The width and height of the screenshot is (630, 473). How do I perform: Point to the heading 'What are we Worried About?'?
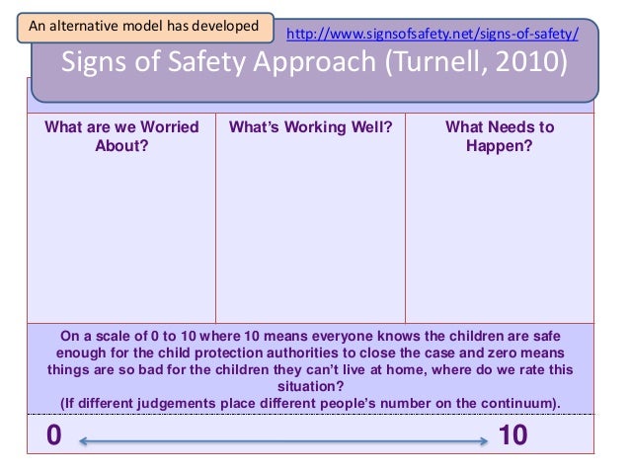coord(121,137)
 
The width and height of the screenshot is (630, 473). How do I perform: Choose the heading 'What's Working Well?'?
coord(310,127)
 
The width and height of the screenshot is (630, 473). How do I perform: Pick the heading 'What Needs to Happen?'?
coord(500,137)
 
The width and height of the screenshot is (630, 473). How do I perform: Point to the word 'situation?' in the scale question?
coord(311,387)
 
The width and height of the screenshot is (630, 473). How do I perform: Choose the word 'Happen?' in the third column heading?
coord(500,146)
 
